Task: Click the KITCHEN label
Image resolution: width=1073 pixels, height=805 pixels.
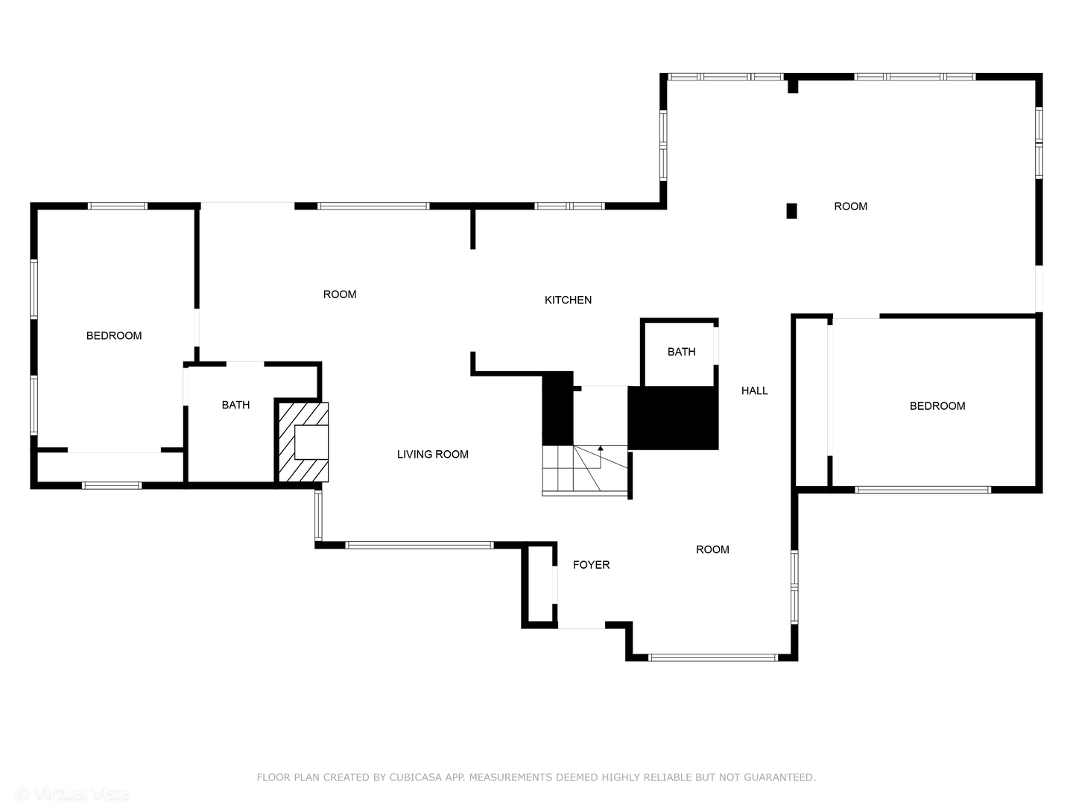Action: tap(568, 300)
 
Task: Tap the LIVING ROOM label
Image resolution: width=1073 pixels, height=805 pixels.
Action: tap(432, 454)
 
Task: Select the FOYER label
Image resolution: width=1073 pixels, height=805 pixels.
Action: tap(591, 565)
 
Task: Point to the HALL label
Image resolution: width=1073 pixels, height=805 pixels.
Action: tap(754, 391)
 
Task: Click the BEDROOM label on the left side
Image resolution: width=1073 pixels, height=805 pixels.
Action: tap(114, 335)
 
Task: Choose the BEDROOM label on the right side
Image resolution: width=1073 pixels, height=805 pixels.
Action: tap(937, 406)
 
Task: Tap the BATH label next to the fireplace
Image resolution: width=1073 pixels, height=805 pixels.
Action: tap(235, 405)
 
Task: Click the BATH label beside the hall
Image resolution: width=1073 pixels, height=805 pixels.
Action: tap(681, 352)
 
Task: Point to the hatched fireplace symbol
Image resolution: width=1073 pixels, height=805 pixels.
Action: tap(303, 442)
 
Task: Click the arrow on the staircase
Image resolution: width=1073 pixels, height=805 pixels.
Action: tap(601, 449)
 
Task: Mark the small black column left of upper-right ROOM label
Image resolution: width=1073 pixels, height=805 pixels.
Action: tap(791, 211)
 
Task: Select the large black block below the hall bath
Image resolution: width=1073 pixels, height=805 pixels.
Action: tap(673, 418)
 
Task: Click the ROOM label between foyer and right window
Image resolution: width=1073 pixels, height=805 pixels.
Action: tap(712, 549)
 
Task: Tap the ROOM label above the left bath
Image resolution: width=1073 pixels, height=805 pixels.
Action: tap(339, 294)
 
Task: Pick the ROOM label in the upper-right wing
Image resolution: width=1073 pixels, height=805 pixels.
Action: tap(850, 206)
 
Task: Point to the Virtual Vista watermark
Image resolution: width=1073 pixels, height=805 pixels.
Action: tap(72, 793)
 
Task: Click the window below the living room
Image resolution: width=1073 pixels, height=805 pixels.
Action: tap(420, 545)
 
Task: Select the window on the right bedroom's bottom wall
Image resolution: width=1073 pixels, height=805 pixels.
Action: tap(922, 490)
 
